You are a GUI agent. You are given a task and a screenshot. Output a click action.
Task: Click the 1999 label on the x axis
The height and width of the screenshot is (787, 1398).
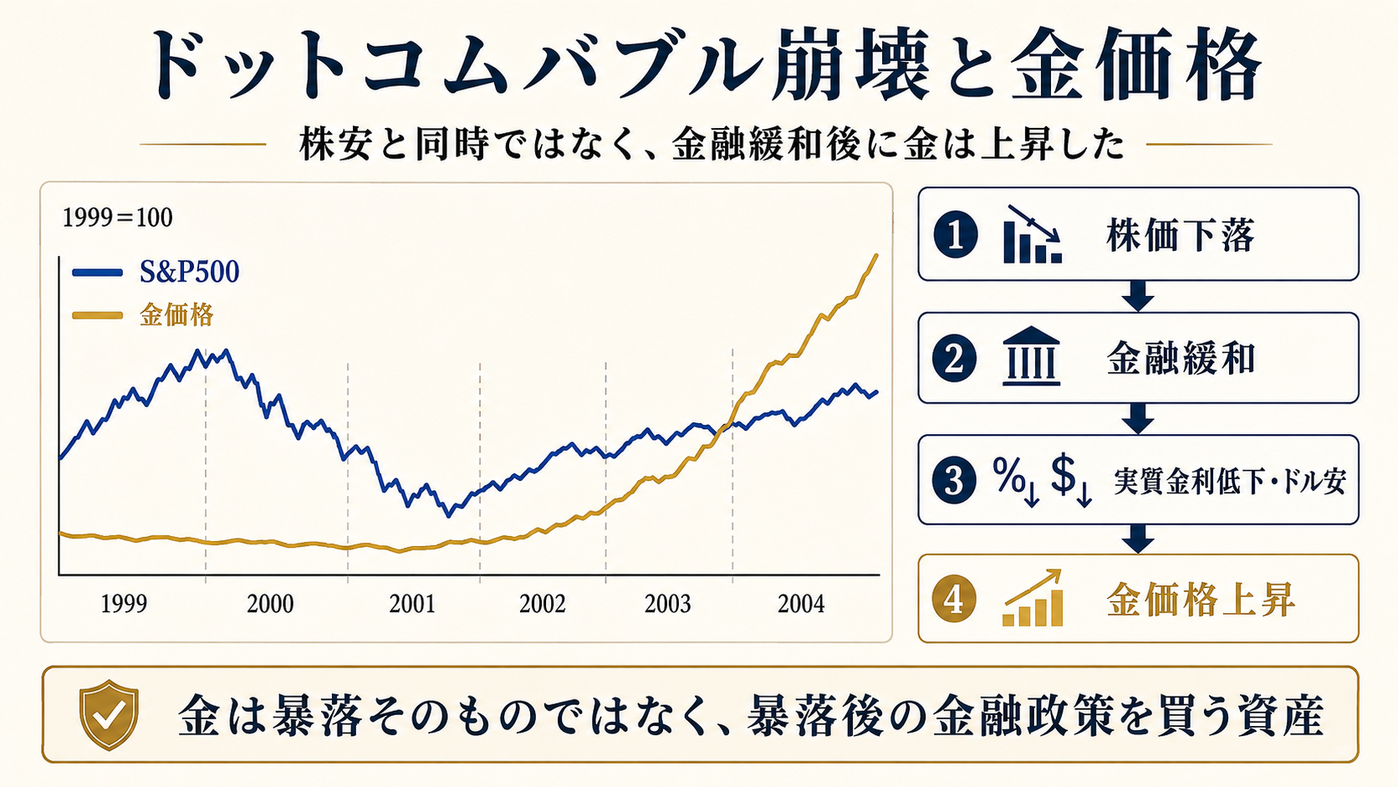[x=124, y=604]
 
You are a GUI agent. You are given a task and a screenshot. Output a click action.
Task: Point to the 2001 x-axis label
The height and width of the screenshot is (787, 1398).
[x=412, y=604]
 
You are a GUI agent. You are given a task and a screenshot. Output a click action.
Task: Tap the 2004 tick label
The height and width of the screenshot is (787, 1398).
[x=801, y=604]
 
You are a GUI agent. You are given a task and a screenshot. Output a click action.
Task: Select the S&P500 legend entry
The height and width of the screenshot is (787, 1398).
[x=156, y=272]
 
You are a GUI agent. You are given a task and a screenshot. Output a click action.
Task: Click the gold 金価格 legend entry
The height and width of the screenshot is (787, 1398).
[x=143, y=315]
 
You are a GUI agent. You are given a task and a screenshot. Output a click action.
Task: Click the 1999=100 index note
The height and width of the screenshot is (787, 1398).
[x=117, y=217]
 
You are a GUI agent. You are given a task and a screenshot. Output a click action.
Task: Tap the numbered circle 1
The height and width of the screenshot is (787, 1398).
[x=956, y=235]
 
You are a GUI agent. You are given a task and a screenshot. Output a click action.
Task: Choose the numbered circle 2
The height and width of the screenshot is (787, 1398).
[x=954, y=359]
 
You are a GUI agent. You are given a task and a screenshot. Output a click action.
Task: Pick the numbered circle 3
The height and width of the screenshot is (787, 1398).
[x=954, y=481]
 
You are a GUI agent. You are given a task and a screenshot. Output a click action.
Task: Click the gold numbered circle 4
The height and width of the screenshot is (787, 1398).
[x=954, y=600]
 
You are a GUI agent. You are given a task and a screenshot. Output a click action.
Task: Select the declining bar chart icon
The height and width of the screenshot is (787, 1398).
[x=1033, y=234]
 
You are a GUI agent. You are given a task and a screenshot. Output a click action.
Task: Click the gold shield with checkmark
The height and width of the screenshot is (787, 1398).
[x=110, y=714]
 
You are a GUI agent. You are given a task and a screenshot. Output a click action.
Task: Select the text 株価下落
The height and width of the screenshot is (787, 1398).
[x=1180, y=235]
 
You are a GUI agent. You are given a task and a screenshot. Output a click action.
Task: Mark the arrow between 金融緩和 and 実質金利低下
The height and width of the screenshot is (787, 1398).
[x=1138, y=419]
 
